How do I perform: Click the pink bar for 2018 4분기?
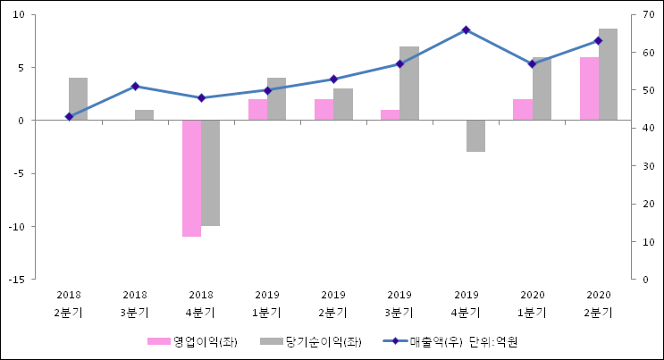coord(191,178)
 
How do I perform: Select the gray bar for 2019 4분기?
coord(475,136)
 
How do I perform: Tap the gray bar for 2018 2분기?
coord(78,98)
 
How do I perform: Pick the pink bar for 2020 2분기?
coord(589,88)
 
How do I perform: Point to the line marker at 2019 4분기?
coord(466,30)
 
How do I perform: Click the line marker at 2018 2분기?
coord(69,117)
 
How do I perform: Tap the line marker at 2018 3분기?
coord(135,87)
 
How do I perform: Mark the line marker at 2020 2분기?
coord(598,41)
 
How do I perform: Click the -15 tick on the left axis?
coord(16,280)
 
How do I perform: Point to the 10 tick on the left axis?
coord(20,15)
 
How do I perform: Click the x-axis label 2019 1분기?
coord(267,304)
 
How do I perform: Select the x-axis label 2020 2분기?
coord(598,304)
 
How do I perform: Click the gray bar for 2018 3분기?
coord(144,114)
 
